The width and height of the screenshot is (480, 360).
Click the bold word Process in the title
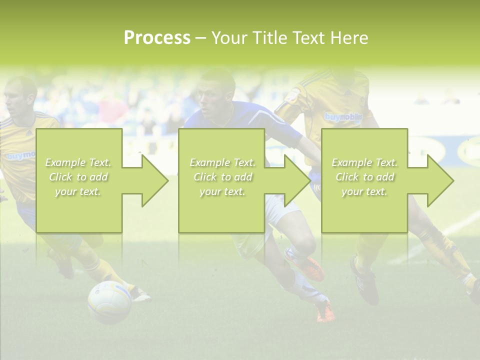pos(157,38)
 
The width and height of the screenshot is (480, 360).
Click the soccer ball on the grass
pos(109,301)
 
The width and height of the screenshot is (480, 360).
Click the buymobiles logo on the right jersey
pos(343,117)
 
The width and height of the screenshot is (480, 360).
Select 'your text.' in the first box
pos(78,191)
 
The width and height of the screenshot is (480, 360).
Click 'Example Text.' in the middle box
pos(222,162)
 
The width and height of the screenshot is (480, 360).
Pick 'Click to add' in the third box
pos(365,177)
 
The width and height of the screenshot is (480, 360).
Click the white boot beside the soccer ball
pos(140,295)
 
